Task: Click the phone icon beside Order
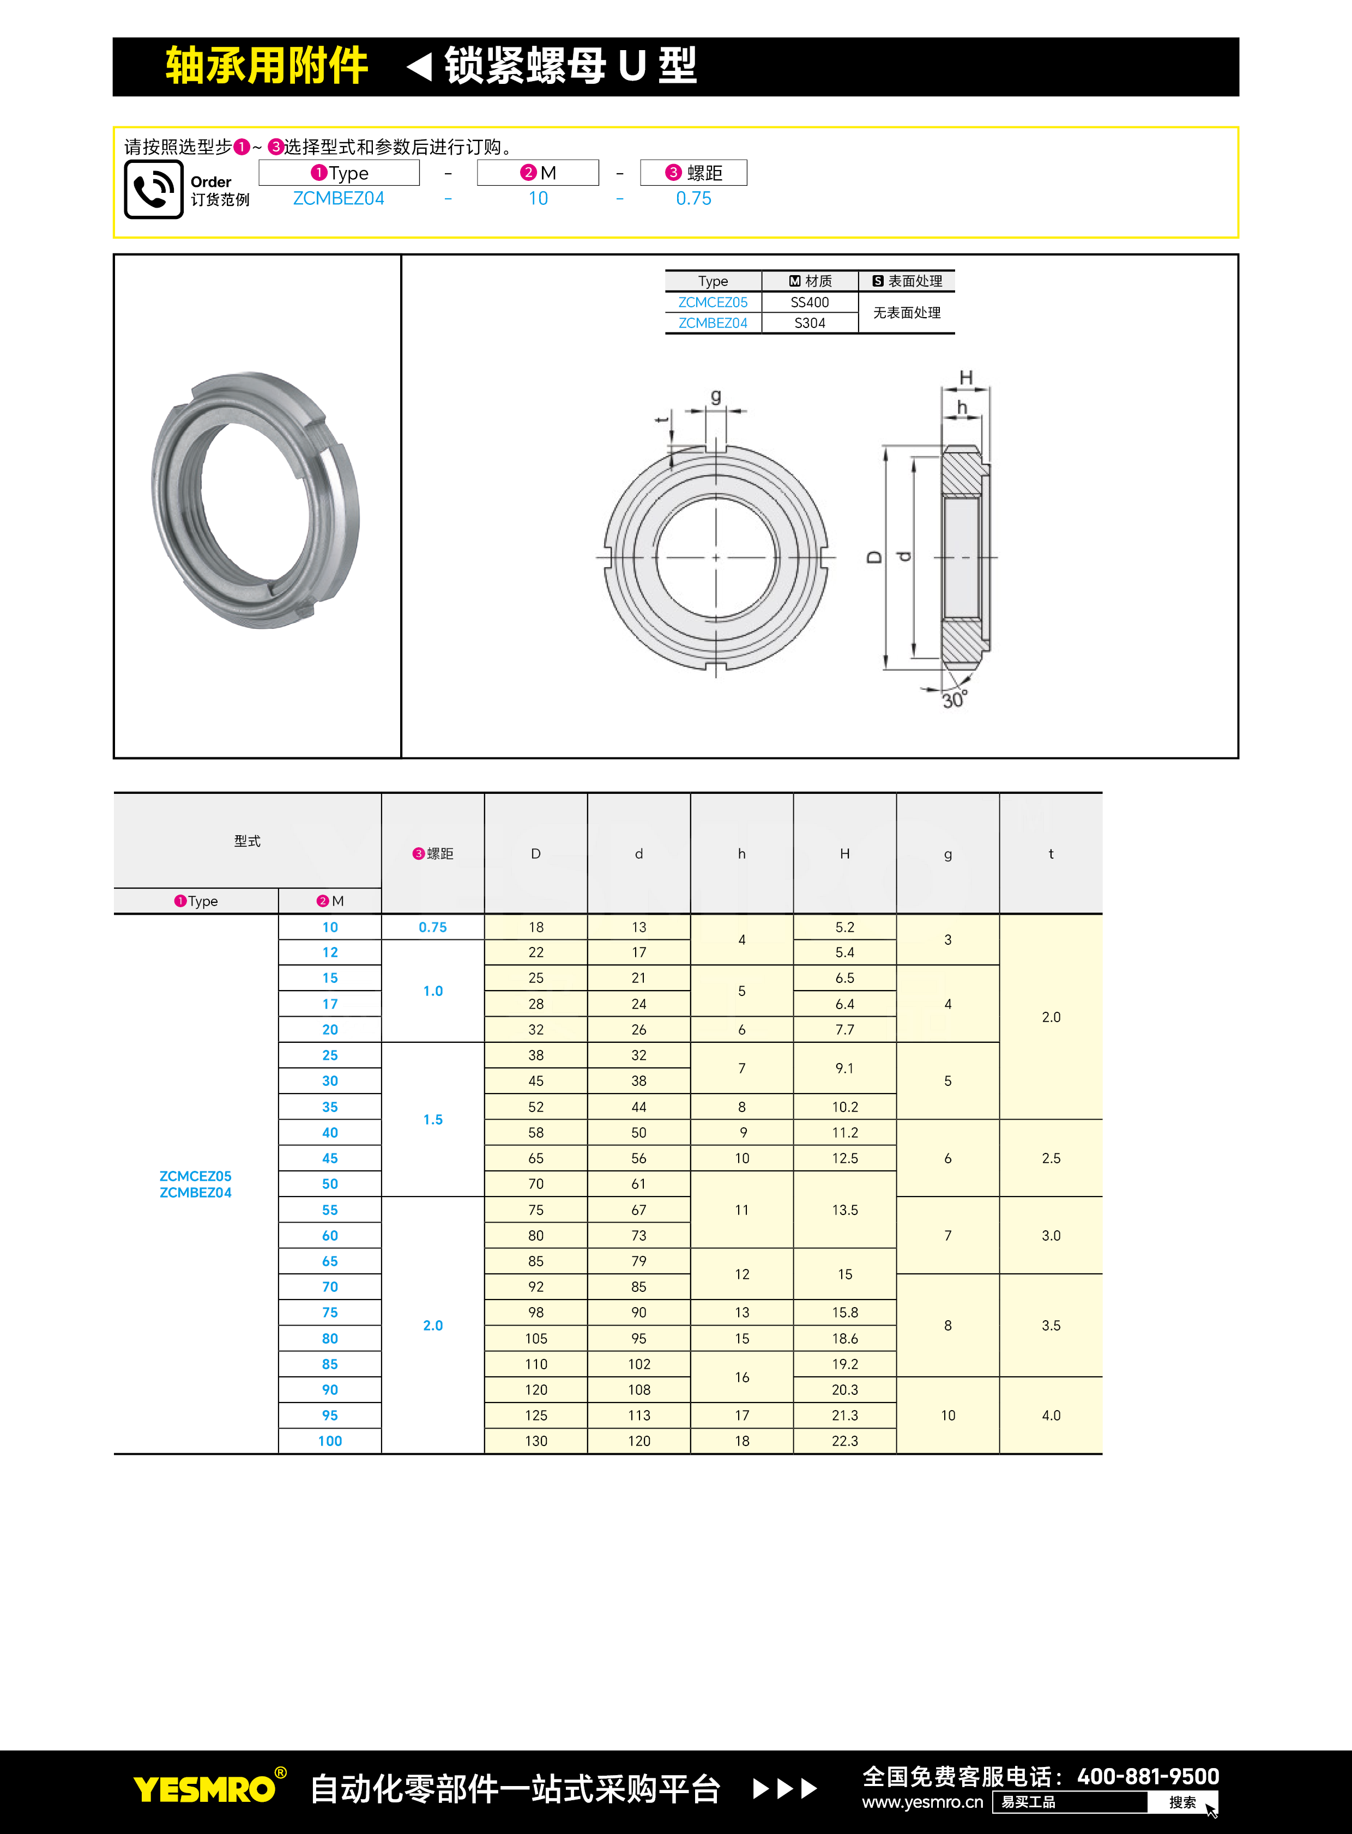pyautogui.click(x=153, y=189)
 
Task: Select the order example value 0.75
pyautogui.click(x=693, y=199)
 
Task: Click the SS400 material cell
pyautogui.click(x=810, y=302)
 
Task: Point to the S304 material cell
pyautogui.click(x=810, y=323)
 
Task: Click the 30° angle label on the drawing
pyautogui.click(x=954, y=700)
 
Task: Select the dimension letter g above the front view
pyautogui.click(x=716, y=397)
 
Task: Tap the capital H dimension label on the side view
pyautogui.click(x=965, y=377)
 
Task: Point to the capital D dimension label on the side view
pyautogui.click(x=874, y=557)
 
